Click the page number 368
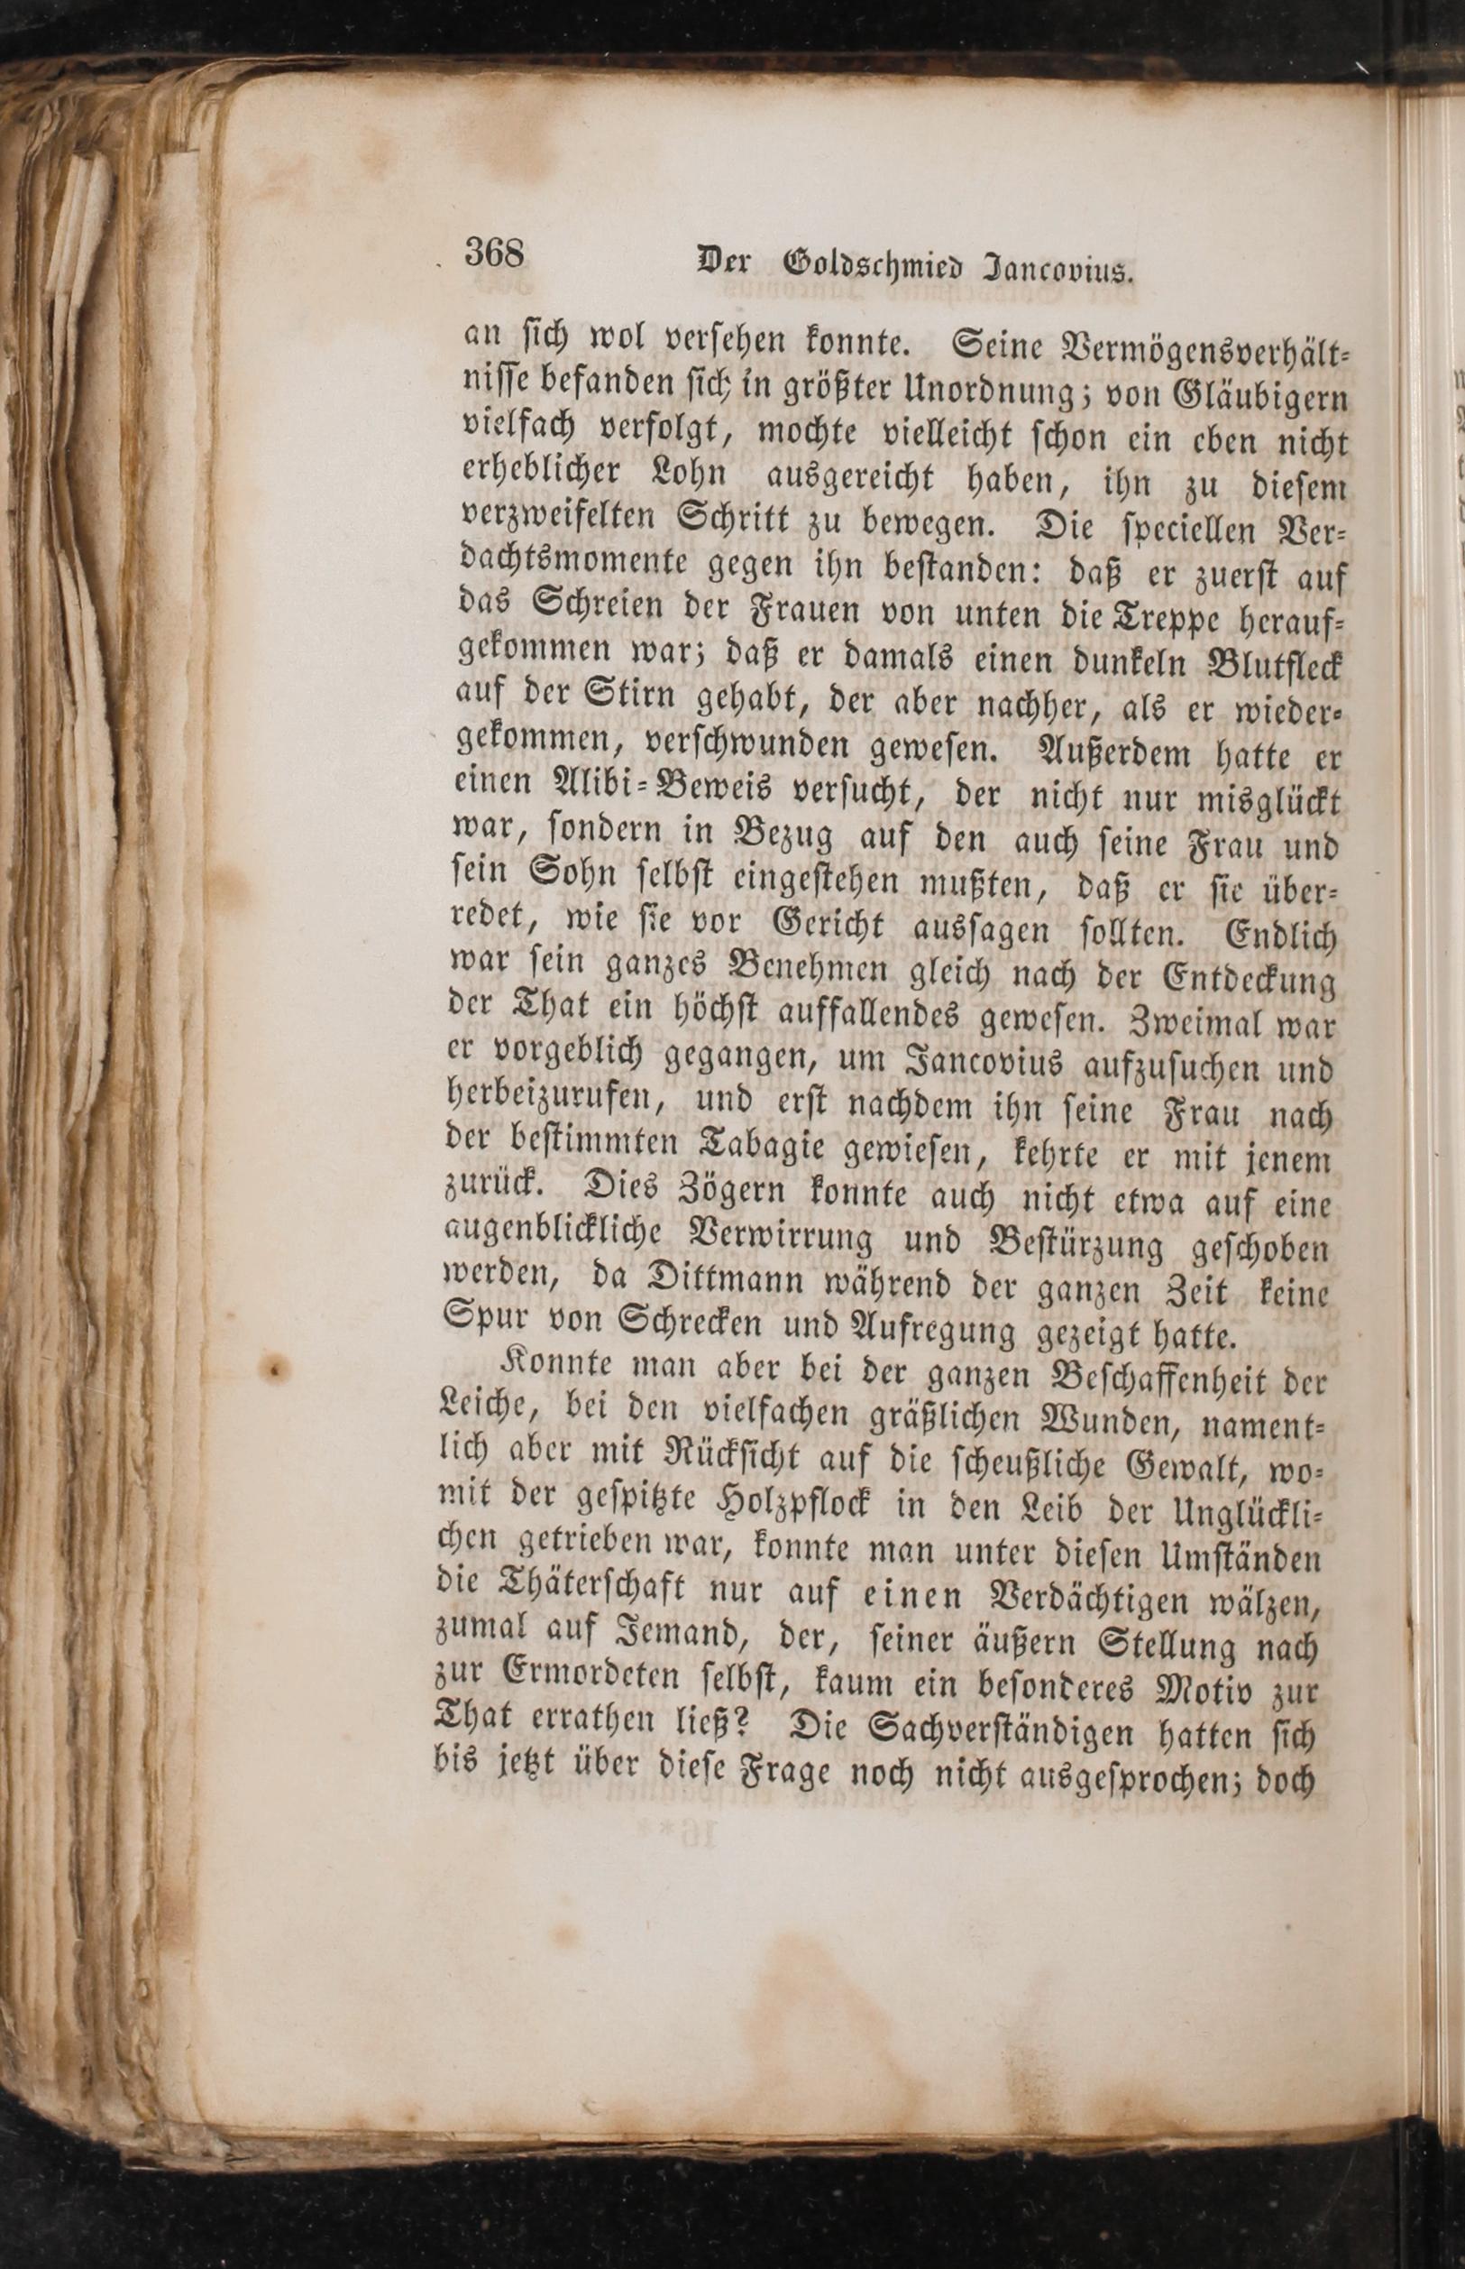click(x=495, y=254)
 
